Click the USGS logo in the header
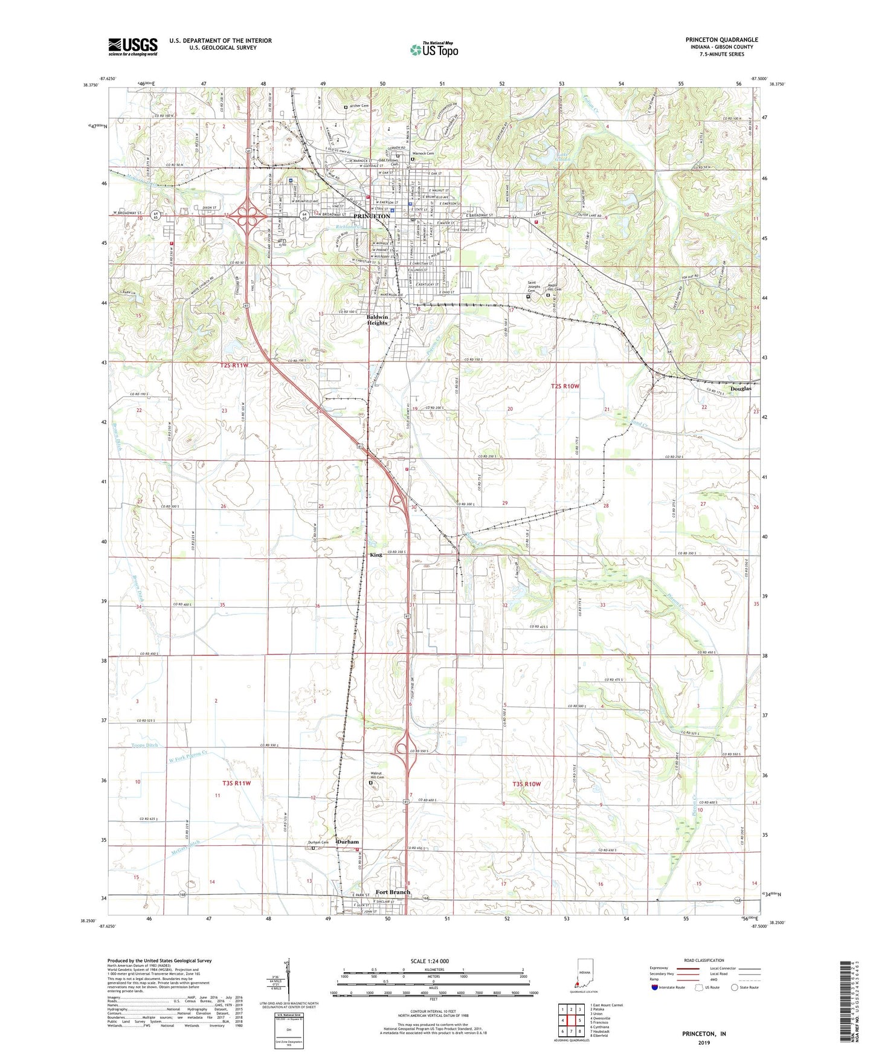133,46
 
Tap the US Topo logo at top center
434,50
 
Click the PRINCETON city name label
372,216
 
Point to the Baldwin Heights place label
377,320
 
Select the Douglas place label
741,389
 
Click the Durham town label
347,842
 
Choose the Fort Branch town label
393,892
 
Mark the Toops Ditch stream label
144,745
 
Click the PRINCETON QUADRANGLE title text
721,40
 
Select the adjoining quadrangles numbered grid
572,1020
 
